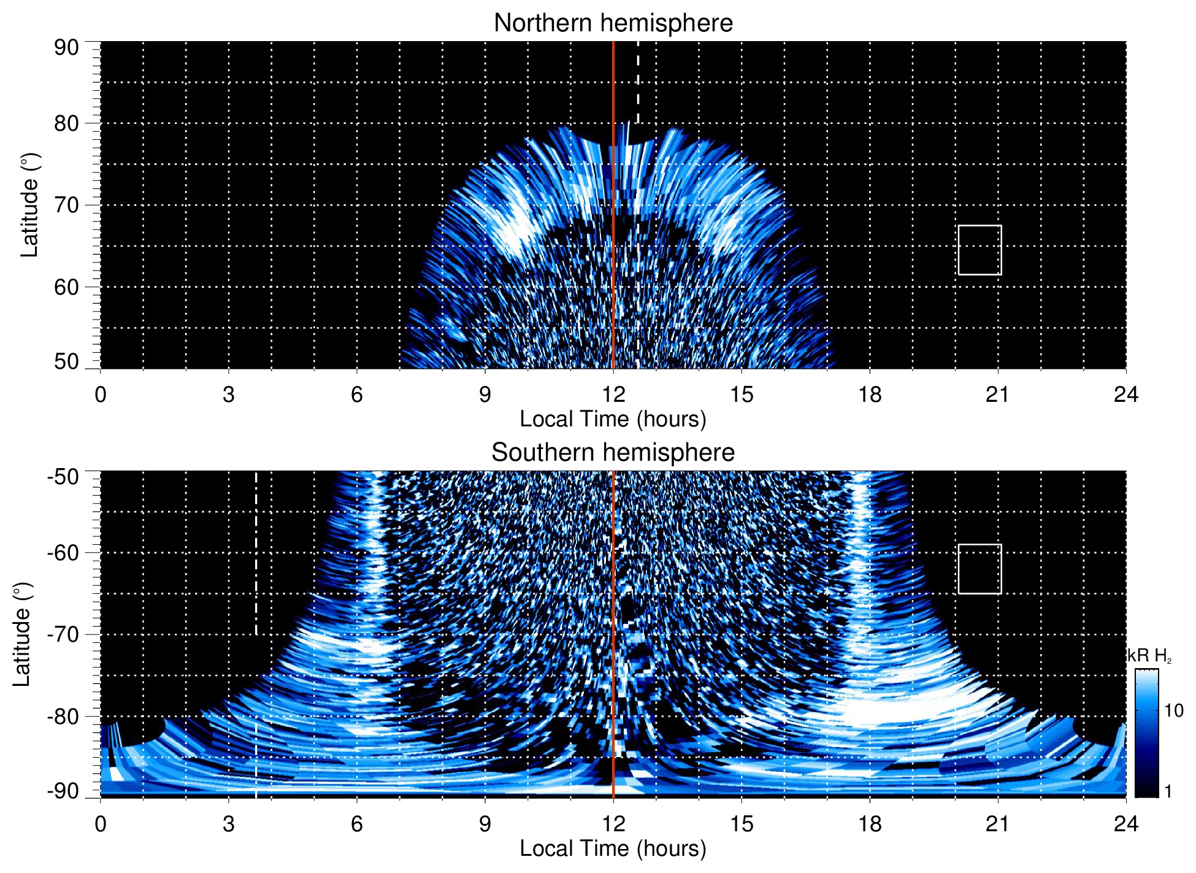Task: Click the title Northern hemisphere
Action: click(x=613, y=23)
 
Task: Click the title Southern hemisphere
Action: click(x=613, y=453)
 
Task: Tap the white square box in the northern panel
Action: click(x=979, y=250)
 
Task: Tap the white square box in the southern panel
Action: click(x=979, y=569)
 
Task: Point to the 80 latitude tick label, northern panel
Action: click(x=66, y=123)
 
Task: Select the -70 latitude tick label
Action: click(x=63, y=634)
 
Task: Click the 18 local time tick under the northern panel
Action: click(x=870, y=394)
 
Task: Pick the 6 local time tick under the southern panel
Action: click(x=356, y=824)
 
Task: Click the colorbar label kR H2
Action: click(x=1149, y=656)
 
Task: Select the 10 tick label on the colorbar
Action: click(x=1173, y=710)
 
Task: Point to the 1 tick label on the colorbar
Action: click(x=1168, y=791)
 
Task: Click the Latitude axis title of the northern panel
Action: click(x=29, y=205)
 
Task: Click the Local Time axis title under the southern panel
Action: click(x=613, y=848)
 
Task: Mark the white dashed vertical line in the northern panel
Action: click(x=638, y=83)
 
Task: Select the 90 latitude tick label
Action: click(x=66, y=48)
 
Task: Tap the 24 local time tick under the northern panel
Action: click(x=1125, y=394)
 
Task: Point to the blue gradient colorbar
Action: click(x=1146, y=733)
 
